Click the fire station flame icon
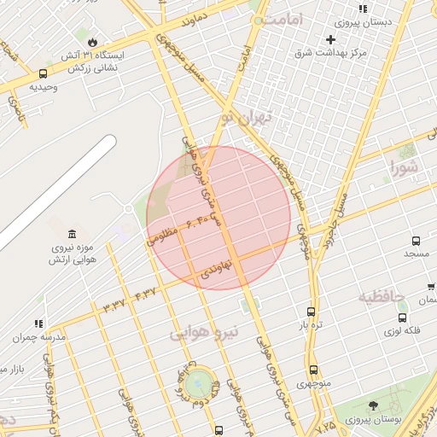(x=92, y=40)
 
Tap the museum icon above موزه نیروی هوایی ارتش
(x=71, y=235)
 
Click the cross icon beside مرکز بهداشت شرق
(x=331, y=39)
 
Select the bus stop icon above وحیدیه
(x=44, y=73)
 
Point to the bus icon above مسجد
(x=416, y=242)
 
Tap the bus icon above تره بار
(x=311, y=312)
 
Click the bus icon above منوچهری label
(x=314, y=370)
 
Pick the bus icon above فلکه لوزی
(x=402, y=318)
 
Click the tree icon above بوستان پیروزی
(x=373, y=406)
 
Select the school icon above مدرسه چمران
(x=38, y=324)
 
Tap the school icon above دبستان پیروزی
(x=363, y=9)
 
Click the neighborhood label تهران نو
(x=247, y=117)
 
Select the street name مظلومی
(x=162, y=234)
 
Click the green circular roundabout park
(x=196, y=382)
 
